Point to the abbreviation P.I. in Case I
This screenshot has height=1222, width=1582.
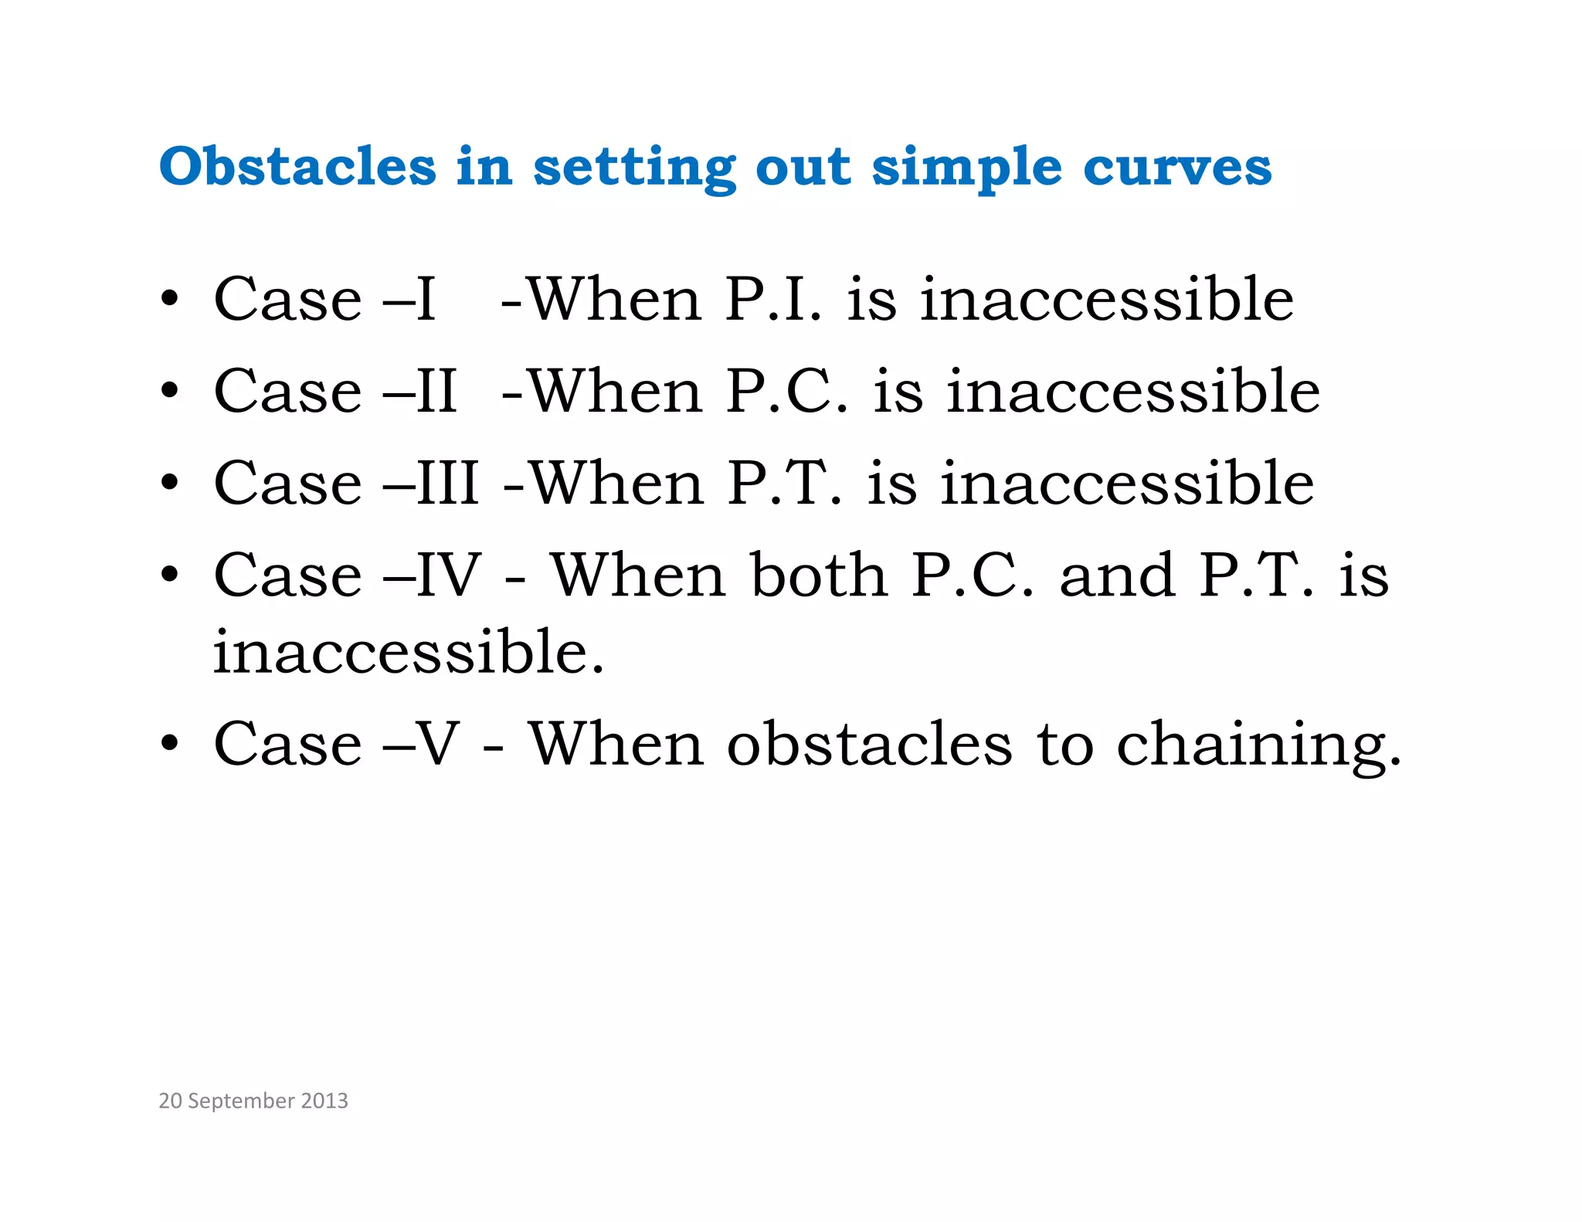773,300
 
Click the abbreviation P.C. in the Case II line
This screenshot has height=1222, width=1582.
786,392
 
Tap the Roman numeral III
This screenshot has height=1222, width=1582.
448,484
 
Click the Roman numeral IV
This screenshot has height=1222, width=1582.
449,575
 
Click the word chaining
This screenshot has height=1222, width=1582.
1258,745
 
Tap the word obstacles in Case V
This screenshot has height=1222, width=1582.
869,745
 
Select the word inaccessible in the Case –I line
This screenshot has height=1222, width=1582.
1106,300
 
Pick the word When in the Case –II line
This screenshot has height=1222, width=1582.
616,392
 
